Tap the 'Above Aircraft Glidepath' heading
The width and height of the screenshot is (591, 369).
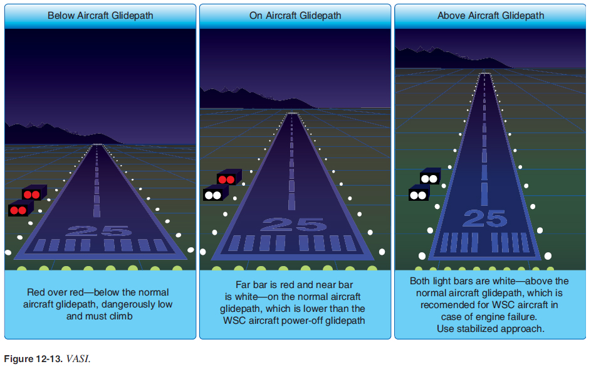tap(491, 16)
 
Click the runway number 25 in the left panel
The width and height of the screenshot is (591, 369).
tap(98, 230)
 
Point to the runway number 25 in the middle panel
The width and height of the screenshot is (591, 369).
tap(293, 224)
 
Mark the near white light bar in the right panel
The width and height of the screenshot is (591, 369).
tap(418, 195)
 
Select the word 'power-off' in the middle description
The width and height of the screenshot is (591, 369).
tap(336, 320)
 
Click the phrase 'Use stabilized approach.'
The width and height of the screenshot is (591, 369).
tap(489, 328)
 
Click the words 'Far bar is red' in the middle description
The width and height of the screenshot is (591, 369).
tap(264, 284)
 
